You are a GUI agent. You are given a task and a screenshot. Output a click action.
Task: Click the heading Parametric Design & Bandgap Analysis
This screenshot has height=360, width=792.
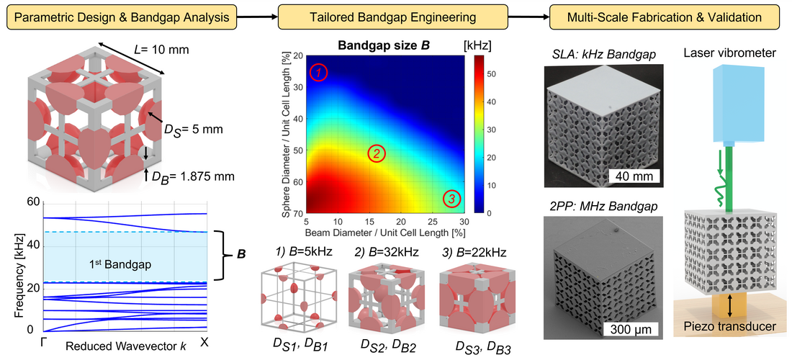pyautogui.click(x=122, y=17)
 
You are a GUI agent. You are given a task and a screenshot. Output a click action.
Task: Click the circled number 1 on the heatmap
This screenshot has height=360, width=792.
pyautogui.click(x=320, y=72)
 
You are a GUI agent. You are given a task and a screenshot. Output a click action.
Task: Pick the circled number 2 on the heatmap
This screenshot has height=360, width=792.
pyautogui.click(x=377, y=153)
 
